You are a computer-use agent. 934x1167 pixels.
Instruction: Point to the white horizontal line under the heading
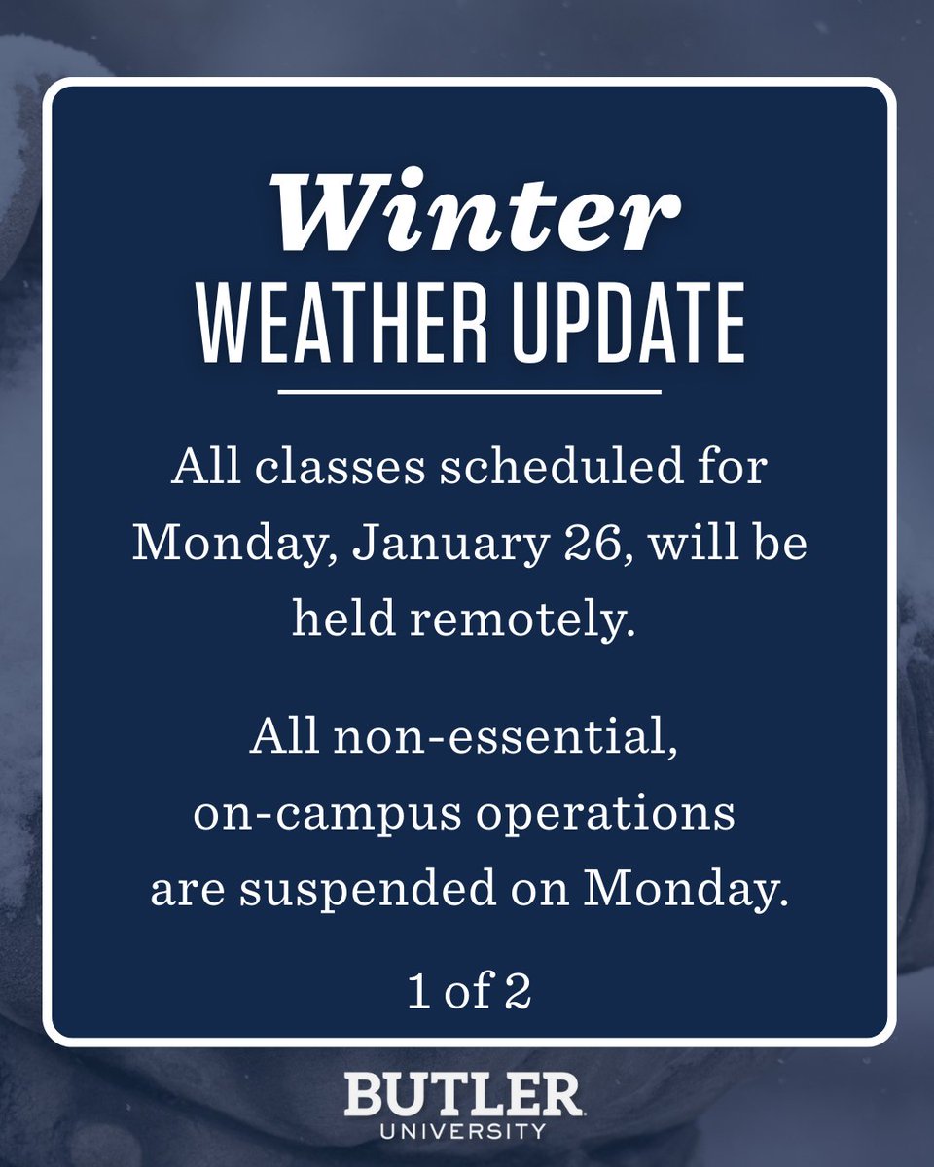468,392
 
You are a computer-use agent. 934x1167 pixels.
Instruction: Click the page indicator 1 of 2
468,996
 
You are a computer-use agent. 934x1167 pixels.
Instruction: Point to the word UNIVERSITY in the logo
462,1131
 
